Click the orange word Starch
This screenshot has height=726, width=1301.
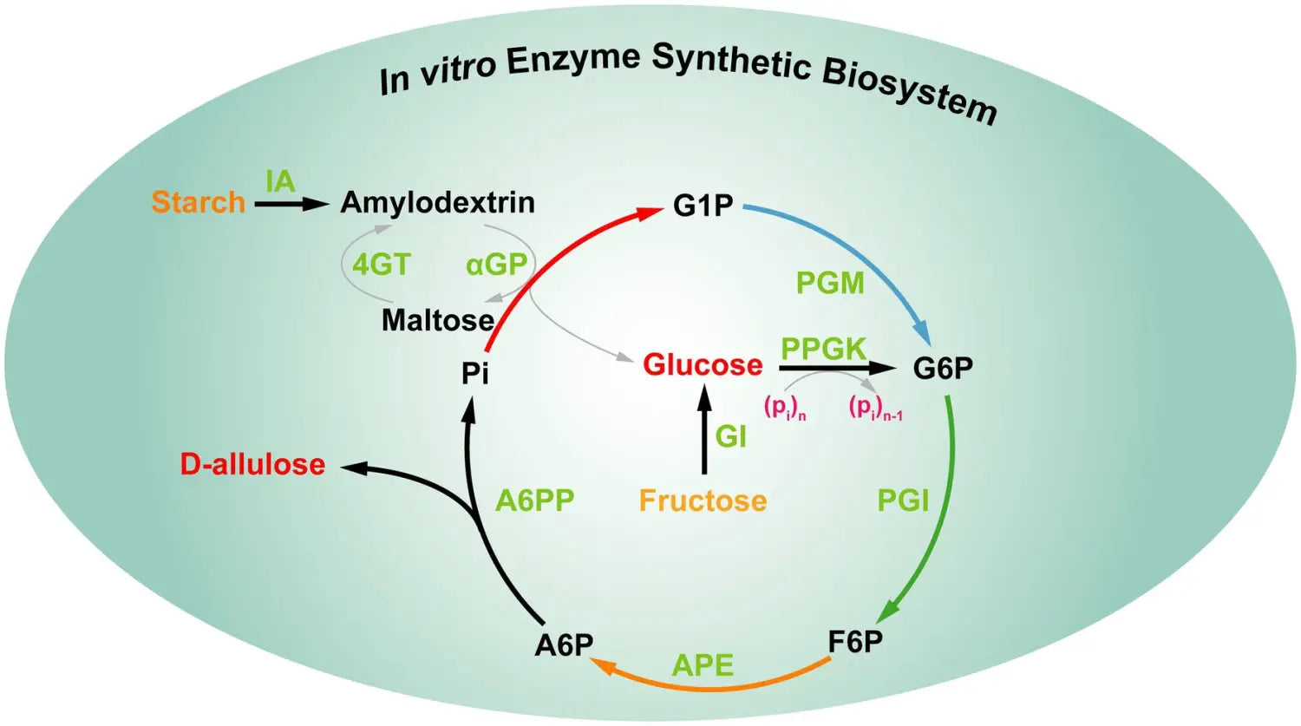click(198, 202)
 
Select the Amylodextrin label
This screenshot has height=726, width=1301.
click(437, 202)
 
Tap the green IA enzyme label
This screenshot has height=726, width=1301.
click(280, 182)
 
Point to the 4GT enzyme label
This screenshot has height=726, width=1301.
click(381, 264)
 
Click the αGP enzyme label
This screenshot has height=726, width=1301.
click(496, 264)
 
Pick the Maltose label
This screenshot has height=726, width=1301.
click(437, 320)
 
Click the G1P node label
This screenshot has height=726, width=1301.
click(703, 206)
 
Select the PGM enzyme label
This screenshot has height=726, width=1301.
click(830, 283)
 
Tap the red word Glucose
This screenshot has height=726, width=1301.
click(703, 365)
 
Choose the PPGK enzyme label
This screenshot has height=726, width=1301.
click(823, 349)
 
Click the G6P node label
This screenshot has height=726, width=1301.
click(943, 368)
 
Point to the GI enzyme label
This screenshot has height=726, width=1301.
click(730, 435)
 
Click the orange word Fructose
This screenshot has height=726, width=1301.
click(703, 500)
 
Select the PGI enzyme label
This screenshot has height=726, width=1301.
click(903, 500)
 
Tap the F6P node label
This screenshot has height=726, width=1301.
click(855, 642)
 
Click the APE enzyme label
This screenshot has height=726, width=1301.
click(703, 665)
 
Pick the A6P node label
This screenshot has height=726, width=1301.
click(564, 645)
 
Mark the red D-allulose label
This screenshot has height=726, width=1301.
click(252, 464)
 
